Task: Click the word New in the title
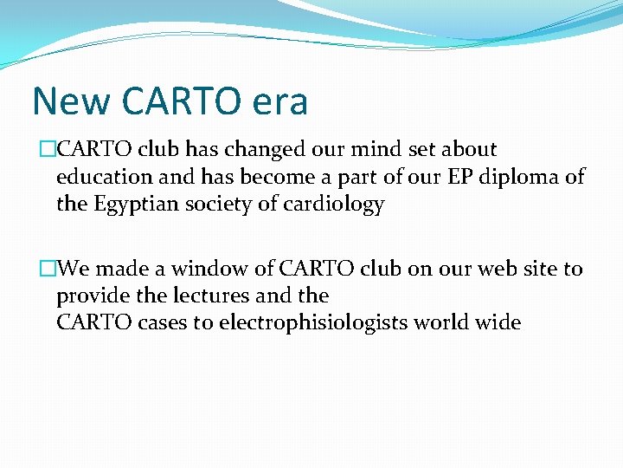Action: pos(73,101)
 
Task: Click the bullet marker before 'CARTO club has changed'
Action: pos(48,150)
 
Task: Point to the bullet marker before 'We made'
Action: pos(48,270)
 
